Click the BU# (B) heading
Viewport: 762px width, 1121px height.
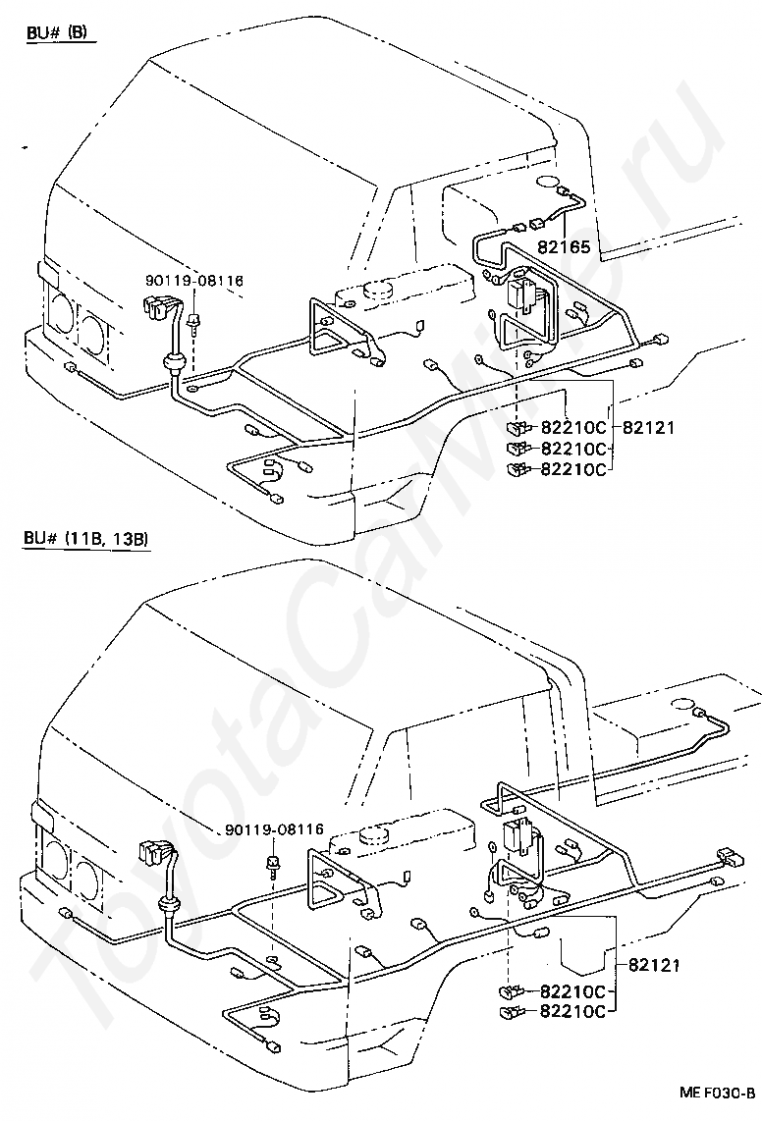click(60, 33)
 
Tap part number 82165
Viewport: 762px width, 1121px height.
click(564, 247)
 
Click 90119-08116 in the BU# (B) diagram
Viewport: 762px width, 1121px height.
click(193, 281)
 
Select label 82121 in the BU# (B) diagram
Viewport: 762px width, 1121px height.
click(648, 428)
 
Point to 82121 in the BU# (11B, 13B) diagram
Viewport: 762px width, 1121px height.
click(655, 965)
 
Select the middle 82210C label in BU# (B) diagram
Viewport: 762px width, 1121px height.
click(573, 449)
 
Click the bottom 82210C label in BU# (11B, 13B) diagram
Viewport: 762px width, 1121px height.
click(573, 1011)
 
